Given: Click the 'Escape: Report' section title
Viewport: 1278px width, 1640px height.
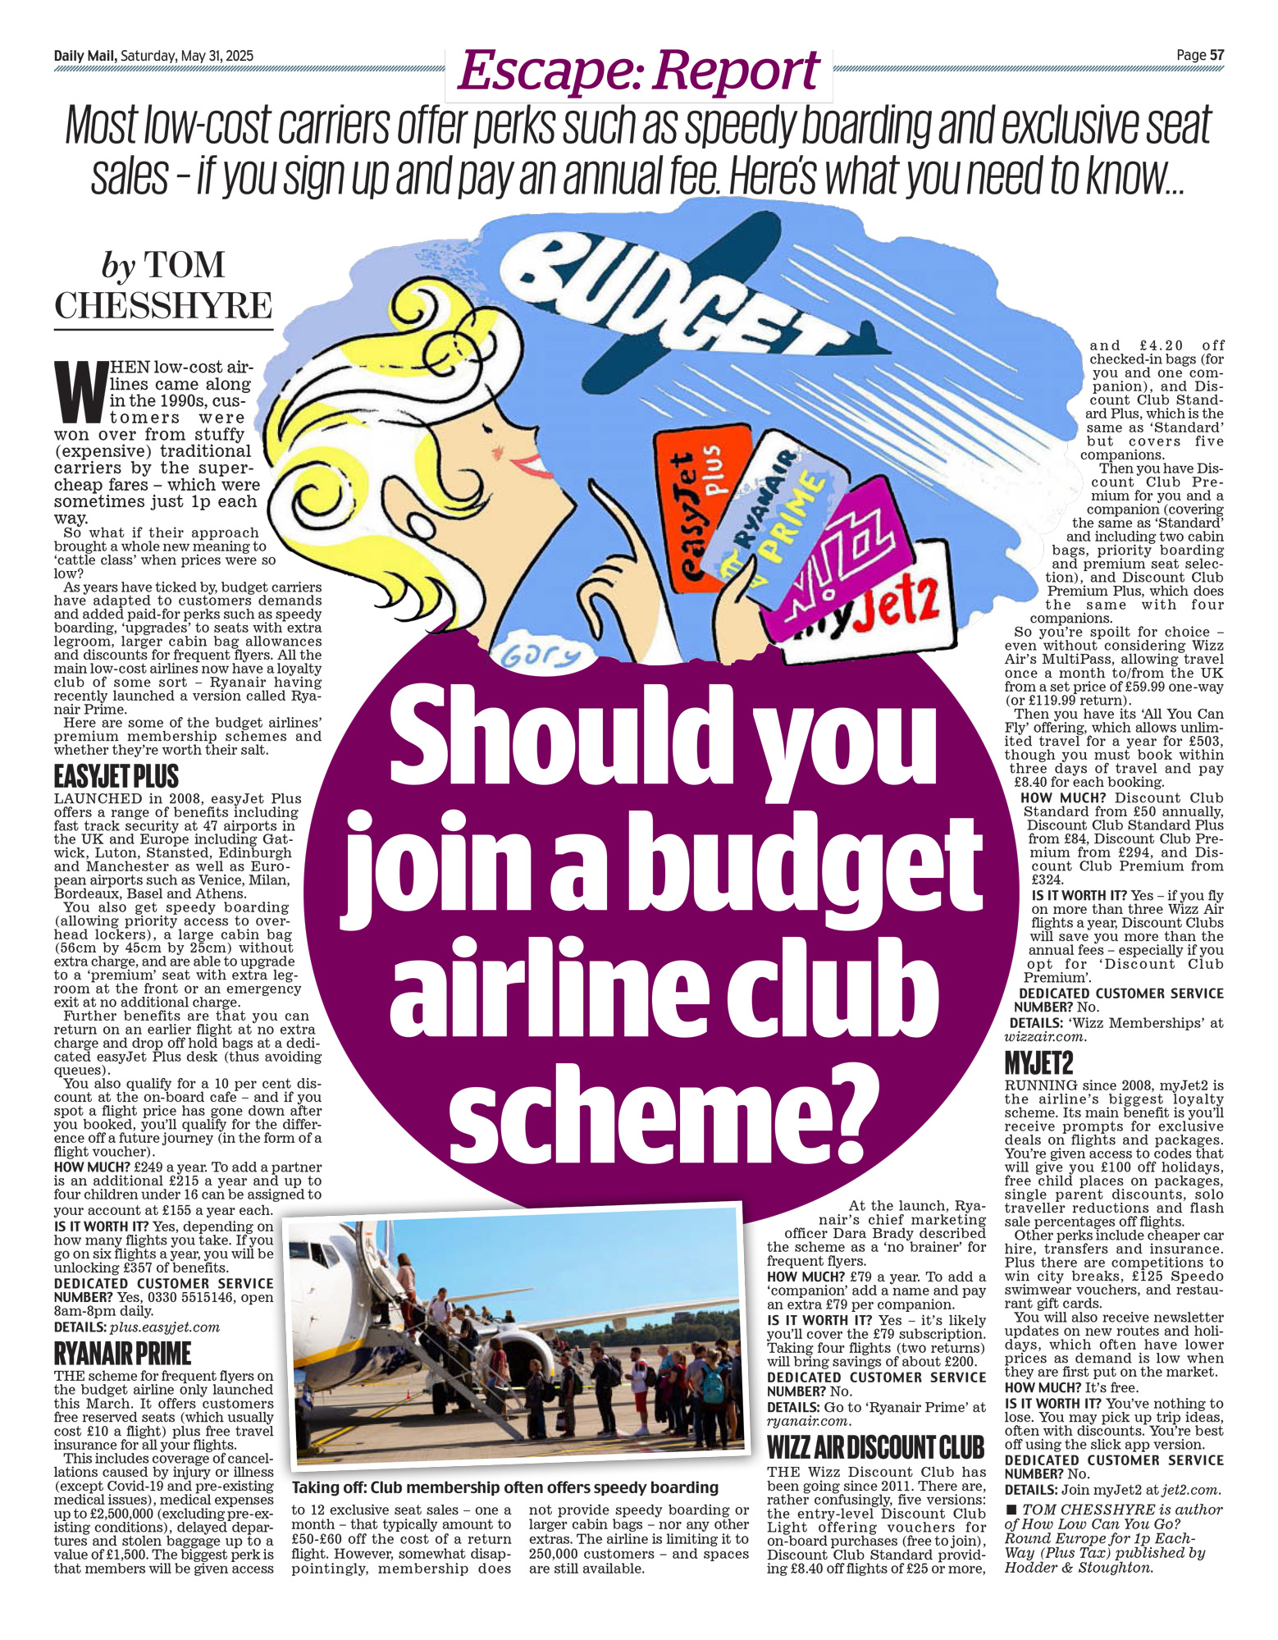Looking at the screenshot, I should (638, 71).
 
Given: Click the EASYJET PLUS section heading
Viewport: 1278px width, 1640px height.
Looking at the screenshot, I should (116, 776).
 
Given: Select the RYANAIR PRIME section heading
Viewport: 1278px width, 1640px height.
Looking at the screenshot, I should (122, 1353).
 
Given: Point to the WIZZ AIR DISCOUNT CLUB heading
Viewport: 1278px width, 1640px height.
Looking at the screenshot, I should (875, 1446).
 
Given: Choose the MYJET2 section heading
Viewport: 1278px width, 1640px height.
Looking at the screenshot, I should (1038, 1064).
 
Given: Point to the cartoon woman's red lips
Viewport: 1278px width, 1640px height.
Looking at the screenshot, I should (529, 465).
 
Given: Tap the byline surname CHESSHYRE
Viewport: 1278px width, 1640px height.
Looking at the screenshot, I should (162, 305).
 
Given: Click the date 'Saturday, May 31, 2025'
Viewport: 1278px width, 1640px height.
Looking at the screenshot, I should (187, 56).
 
